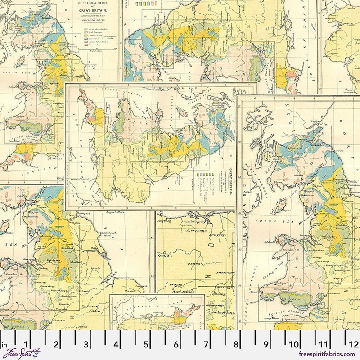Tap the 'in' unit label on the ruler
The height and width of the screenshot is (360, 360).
(5, 346)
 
